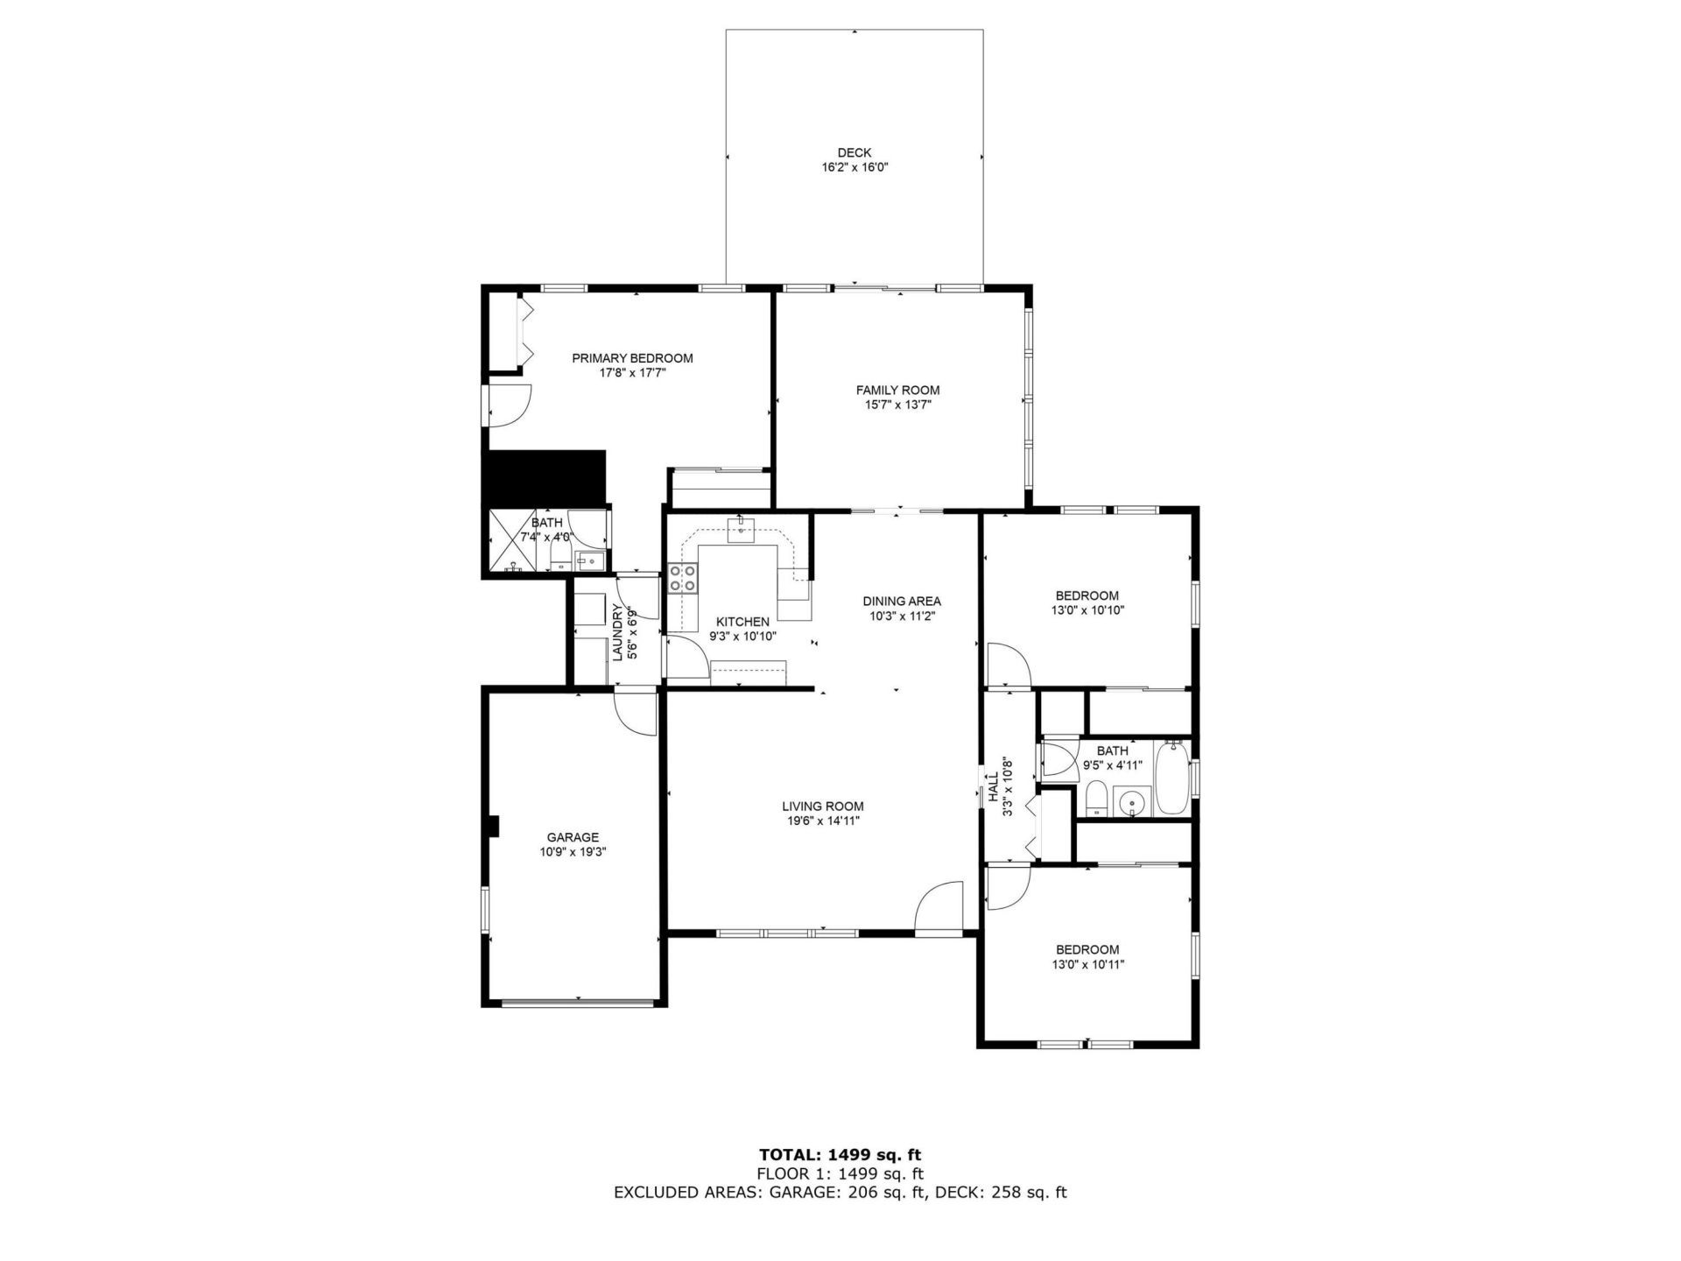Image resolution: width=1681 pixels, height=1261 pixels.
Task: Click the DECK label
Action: pos(854,152)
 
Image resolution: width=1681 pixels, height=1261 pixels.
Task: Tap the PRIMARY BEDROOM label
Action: pos(632,358)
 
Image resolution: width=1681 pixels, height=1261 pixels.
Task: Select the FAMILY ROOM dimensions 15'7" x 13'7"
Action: pos(897,405)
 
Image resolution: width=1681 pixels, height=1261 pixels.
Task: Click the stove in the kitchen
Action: pos(683,579)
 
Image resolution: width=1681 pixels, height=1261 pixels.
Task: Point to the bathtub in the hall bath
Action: pos(1171,778)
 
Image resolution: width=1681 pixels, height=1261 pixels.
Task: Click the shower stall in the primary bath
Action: pos(513,539)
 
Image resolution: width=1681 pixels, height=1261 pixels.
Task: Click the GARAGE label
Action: pos(573,837)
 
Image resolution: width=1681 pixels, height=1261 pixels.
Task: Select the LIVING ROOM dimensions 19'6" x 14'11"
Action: pos(823,821)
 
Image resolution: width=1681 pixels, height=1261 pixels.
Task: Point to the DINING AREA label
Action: pos(902,601)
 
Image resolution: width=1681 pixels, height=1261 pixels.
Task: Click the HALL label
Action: pos(994,786)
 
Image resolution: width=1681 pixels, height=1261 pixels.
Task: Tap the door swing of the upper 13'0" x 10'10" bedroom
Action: pos(1007,665)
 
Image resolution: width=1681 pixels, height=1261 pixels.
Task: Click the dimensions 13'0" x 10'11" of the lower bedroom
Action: pos(1087,965)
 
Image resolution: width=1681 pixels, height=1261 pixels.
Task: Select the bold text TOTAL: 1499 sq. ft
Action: pos(840,1155)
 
